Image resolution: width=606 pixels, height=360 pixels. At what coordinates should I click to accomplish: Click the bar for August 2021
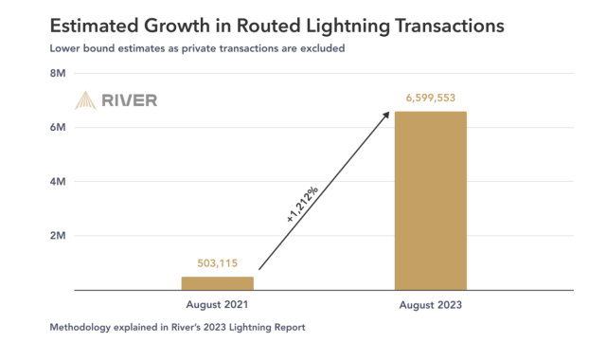coord(218,282)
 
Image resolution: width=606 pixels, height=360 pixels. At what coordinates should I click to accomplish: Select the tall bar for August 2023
coord(431,200)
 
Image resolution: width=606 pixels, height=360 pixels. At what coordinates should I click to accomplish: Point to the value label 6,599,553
coord(431,99)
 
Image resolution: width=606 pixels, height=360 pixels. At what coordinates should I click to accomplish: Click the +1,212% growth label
coord(301,203)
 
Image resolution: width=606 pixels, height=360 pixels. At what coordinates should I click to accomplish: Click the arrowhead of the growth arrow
coord(386,114)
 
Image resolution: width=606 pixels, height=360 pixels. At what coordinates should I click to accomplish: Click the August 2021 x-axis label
coord(218,305)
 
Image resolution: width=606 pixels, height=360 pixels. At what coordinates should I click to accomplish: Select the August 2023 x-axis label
coord(431,305)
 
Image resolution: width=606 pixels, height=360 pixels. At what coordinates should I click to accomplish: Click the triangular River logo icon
coord(87,100)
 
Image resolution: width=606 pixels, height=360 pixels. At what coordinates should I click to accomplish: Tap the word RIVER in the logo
coord(131,100)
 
